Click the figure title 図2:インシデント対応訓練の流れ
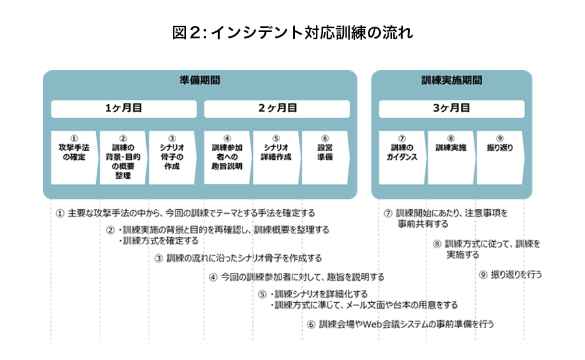coord(292,32)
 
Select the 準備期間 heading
coord(200,80)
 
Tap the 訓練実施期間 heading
coord(452,80)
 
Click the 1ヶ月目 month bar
coord(124,109)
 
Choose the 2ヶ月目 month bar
coord(277,109)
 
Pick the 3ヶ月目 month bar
coord(452,109)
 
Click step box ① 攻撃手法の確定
coord(74,157)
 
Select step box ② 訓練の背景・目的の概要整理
coord(123,157)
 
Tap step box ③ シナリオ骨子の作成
coord(172,157)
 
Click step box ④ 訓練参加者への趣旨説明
coord(227,157)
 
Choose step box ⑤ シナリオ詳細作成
coord(276,157)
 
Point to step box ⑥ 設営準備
coord(325,157)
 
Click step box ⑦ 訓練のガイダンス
coord(402,157)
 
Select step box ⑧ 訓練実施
coord(450,157)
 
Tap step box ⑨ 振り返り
coord(500,157)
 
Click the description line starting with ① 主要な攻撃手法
coord(185,213)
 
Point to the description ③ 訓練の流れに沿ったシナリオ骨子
coord(238,258)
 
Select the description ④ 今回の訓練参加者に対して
coord(296,277)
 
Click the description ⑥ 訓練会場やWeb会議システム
coord(400,324)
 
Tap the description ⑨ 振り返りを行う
coord(510,275)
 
